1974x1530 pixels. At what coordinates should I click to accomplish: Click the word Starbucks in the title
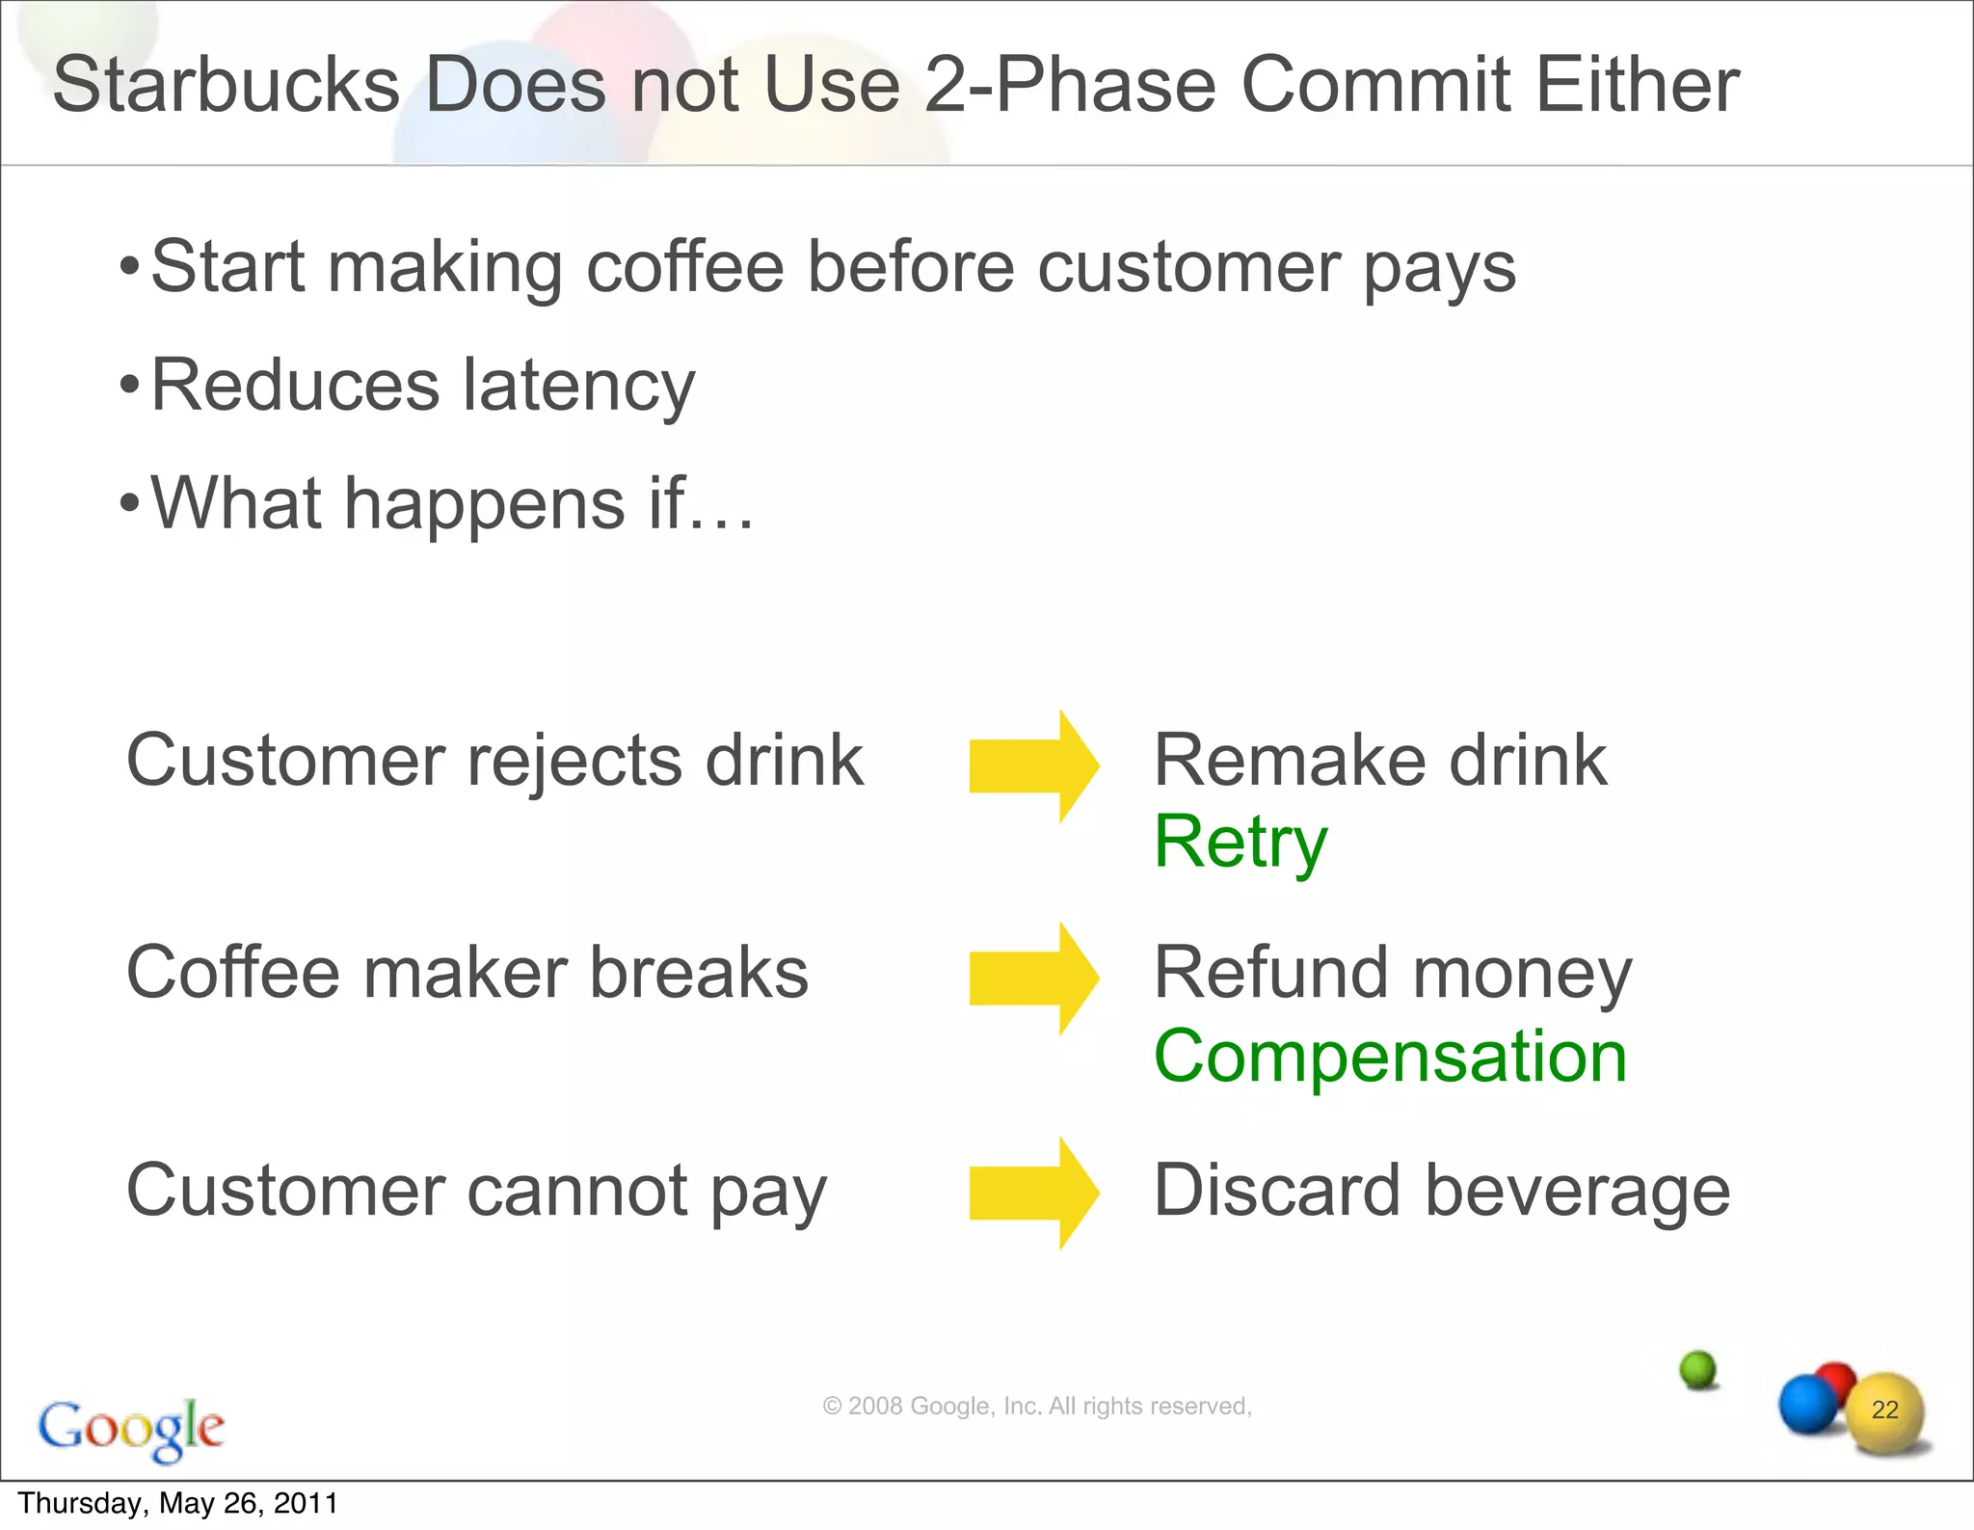pos(226,85)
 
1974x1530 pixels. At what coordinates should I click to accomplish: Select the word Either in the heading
pos(1637,85)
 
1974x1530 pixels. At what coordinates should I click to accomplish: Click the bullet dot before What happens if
pos(129,502)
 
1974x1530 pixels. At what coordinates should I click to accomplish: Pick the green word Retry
pos(1240,843)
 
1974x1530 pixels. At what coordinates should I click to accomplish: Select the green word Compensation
pos(1390,1057)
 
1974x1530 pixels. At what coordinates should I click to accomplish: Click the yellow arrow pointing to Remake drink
pos(1033,766)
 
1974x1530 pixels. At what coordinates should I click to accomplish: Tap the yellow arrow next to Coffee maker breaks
pos(1033,979)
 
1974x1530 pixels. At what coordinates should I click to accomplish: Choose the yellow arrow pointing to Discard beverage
pos(1033,1193)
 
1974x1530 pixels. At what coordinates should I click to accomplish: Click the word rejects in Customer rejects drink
pos(574,762)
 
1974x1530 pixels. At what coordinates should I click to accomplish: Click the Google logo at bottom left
pos(131,1428)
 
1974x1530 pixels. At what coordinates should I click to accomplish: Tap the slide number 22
pos(1884,1409)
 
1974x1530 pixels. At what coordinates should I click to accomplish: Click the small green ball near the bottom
pos(1697,1369)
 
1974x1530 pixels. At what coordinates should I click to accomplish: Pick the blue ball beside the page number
pos(1806,1405)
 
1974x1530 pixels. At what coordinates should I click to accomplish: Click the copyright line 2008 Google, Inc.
pos(1036,1407)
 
